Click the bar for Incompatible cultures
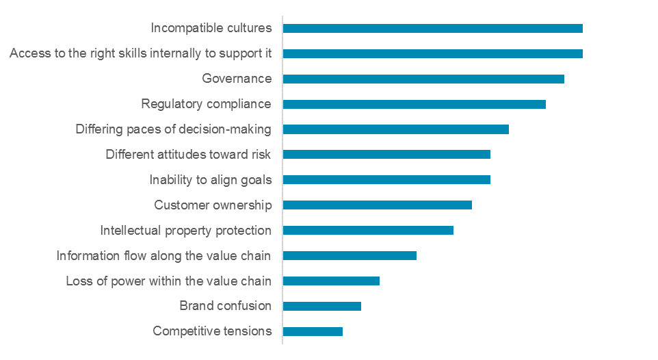(432, 28)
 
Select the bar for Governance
(423, 79)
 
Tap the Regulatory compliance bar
(414, 104)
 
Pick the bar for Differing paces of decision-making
(395, 129)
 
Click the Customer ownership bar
(377, 205)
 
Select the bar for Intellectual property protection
(368, 230)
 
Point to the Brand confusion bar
(321, 306)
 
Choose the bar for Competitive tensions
(313, 331)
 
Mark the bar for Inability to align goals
(386, 179)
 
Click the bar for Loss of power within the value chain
(331, 281)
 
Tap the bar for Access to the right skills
(432, 53)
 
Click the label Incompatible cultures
(211, 28)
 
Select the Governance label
(237, 79)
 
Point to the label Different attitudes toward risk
(188, 154)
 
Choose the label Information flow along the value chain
(163, 255)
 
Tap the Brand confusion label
(225, 306)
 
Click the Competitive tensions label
(212, 331)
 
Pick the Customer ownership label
(213, 205)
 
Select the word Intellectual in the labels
(128, 230)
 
